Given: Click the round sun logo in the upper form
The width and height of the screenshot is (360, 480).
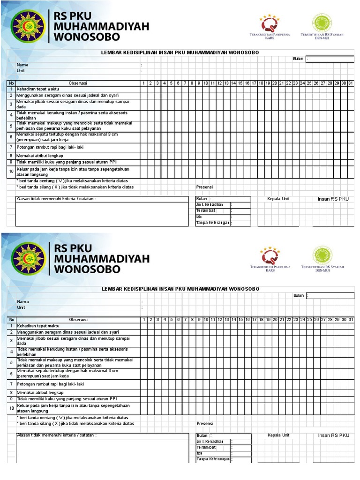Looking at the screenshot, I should click(28, 26).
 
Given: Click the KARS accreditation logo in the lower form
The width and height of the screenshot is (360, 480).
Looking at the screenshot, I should click(270, 256).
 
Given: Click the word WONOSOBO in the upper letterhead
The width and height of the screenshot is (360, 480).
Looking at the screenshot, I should click(87, 37).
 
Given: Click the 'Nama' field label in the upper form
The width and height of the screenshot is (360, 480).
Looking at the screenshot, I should click(22, 65).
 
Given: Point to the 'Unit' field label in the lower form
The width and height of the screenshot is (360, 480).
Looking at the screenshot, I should click(21, 308).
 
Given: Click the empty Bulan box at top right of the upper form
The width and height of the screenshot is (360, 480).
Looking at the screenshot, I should click(330, 59).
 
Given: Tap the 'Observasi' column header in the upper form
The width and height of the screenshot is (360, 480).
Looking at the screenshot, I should click(78, 83).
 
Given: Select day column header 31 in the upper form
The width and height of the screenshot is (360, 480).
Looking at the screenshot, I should click(351, 83).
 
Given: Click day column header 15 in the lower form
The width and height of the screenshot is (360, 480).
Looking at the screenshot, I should click(240, 320).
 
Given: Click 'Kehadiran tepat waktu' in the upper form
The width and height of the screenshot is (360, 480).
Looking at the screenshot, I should click(38, 89).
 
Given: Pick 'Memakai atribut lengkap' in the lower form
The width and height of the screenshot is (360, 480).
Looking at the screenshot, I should click(40, 392).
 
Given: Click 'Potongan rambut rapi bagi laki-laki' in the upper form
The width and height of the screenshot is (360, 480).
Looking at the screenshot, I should click(50, 147).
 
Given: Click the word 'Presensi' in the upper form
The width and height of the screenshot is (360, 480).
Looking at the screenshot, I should click(205, 187).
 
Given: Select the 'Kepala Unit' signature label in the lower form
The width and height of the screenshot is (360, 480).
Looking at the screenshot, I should click(278, 435).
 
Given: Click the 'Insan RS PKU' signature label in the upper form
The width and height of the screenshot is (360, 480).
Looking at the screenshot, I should click(333, 199).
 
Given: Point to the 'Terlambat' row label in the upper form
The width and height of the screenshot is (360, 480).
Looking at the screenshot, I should click(206, 211).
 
